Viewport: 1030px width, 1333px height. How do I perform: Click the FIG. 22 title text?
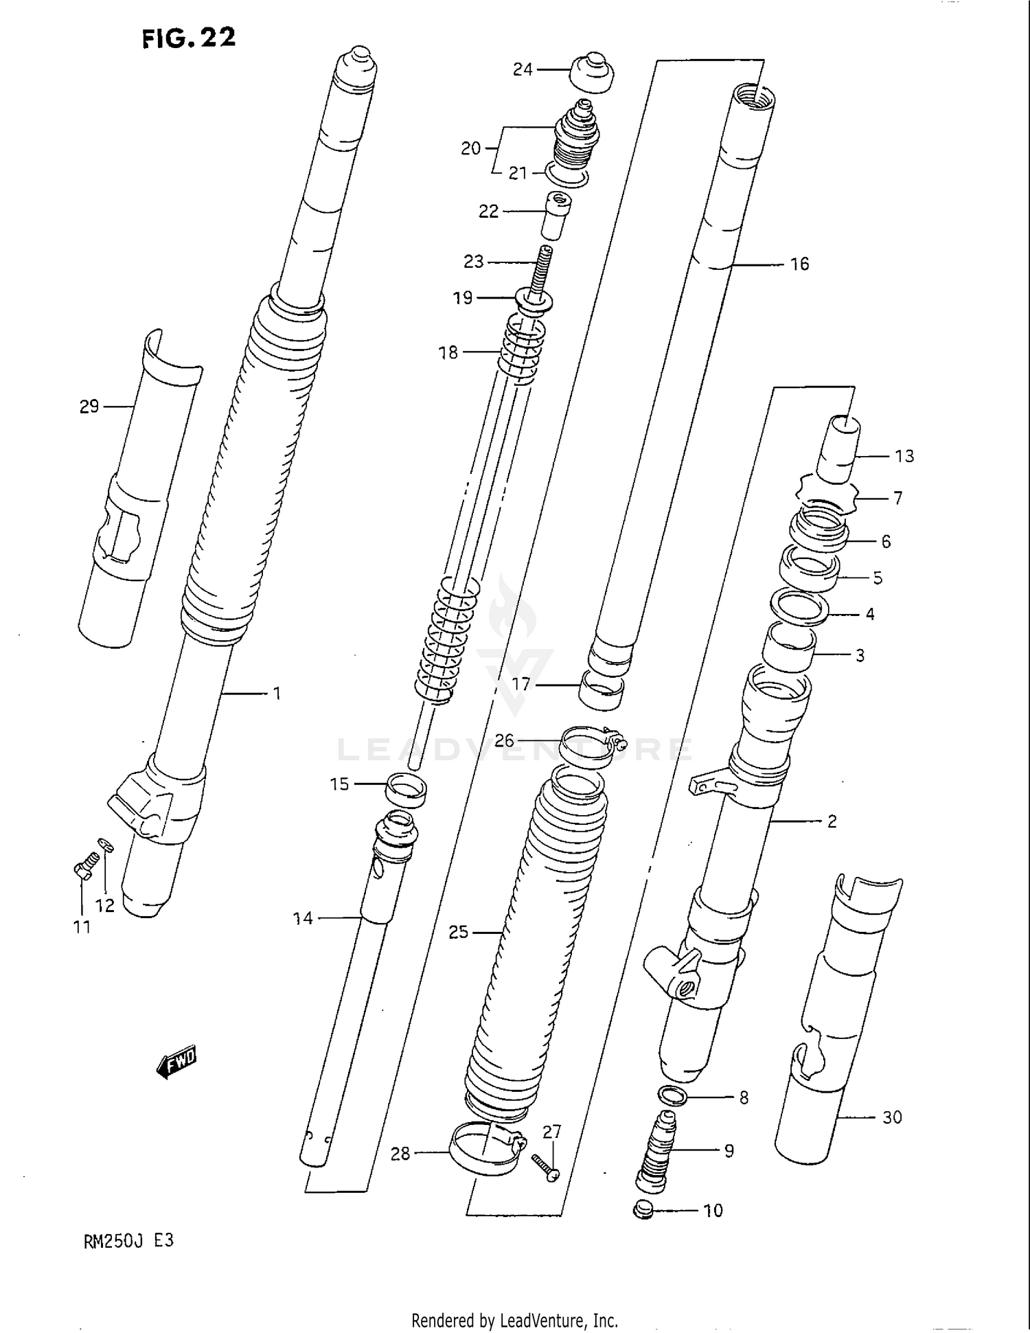coord(189,38)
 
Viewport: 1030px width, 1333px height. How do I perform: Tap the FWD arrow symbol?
coord(176,1064)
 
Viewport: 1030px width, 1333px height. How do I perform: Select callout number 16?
coord(799,264)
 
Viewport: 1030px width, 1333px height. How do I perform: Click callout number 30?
coord(891,1118)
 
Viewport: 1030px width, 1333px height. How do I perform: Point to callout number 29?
coord(89,407)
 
